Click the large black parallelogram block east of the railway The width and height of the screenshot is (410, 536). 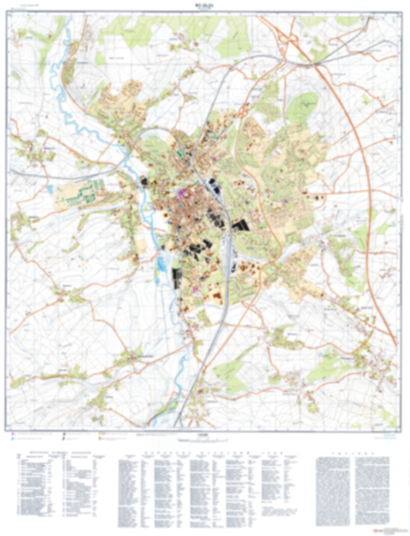pos(241,226)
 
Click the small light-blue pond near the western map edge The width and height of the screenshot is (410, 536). pos(50,188)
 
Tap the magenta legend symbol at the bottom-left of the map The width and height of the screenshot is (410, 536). pos(13,434)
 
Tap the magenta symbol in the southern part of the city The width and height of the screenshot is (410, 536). pos(195,290)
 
